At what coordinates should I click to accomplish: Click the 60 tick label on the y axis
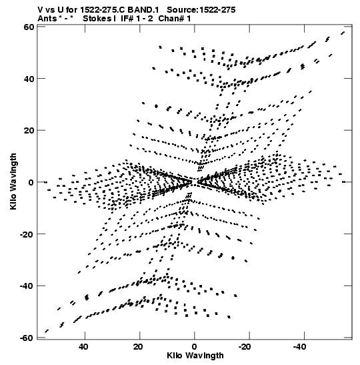(x=29, y=27)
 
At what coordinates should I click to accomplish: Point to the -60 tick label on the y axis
(x=27, y=338)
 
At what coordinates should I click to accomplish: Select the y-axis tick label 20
(x=29, y=130)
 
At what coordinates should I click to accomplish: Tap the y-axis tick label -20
(x=27, y=234)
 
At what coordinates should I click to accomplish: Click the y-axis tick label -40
(x=27, y=286)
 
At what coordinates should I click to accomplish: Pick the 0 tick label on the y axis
(x=31, y=182)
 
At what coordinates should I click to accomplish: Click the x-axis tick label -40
(x=299, y=347)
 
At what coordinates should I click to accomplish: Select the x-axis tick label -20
(x=245, y=347)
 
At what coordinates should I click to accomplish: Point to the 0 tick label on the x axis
(x=194, y=347)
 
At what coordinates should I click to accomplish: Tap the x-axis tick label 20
(x=139, y=347)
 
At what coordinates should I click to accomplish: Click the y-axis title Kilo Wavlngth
(x=13, y=181)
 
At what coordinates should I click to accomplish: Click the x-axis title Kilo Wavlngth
(x=195, y=356)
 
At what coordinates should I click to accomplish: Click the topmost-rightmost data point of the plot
(x=343, y=33)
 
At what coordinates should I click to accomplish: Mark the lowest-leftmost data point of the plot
(x=47, y=331)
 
